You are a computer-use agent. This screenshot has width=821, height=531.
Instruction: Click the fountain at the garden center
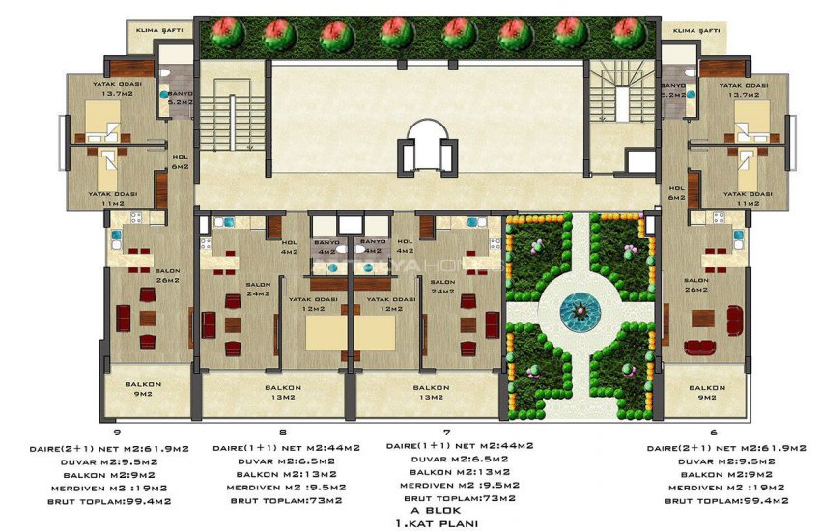pos(579,310)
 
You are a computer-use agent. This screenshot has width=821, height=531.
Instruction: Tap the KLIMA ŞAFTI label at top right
pos(696,31)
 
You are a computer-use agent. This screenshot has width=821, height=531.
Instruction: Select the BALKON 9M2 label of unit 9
pos(142,389)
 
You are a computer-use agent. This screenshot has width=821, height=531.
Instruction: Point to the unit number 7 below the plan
pos(446,433)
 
